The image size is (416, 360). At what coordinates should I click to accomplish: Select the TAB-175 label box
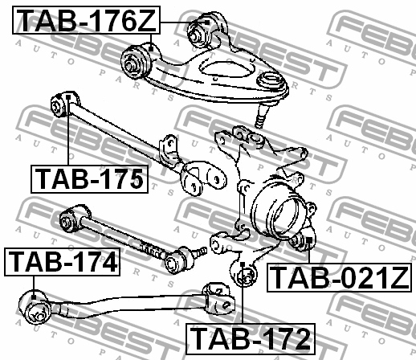click(x=89, y=178)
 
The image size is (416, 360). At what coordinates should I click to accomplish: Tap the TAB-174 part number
click(x=61, y=263)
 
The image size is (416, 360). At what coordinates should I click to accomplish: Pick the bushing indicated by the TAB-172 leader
click(x=244, y=276)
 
